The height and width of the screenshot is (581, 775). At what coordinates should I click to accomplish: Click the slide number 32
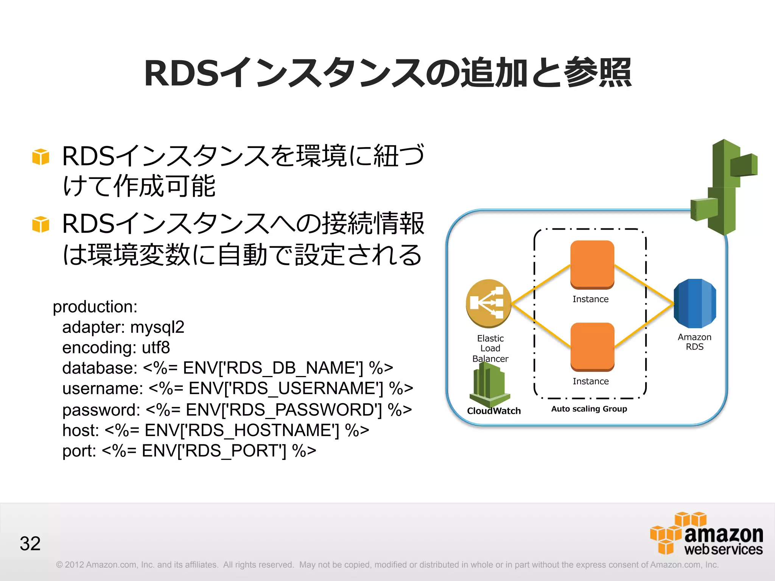pyautogui.click(x=30, y=544)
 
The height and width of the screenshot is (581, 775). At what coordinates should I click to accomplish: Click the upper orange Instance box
pyautogui.click(x=592, y=264)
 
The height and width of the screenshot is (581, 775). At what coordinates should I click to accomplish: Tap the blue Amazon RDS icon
pyautogui.click(x=695, y=303)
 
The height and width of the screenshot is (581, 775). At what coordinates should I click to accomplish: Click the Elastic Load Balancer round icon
pyautogui.click(x=489, y=303)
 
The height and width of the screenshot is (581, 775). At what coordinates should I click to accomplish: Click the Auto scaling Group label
pyautogui.click(x=589, y=409)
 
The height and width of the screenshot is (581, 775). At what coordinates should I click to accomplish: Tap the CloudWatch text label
pyautogui.click(x=494, y=411)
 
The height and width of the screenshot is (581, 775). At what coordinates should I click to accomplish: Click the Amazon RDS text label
pyautogui.click(x=694, y=342)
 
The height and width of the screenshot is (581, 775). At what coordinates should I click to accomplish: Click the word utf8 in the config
pyautogui.click(x=156, y=348)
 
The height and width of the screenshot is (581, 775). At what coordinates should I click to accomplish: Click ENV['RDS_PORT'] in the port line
pyautogui.click(x=214, y=451)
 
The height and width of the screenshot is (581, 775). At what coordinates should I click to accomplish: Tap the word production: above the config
pyautogui.click(x=95, y=306)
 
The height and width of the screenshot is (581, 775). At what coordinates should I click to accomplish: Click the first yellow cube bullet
pyautogui.click(x=41, y=157)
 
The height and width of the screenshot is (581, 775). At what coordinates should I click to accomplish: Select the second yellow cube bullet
pyautogui.click(x=41, y=224)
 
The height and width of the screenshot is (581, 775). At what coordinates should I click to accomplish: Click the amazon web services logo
pyautogui.click(x=706, y=534)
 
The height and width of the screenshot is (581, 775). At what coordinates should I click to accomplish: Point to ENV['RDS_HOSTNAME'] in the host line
pyautogui.click(x=242, y=430)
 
